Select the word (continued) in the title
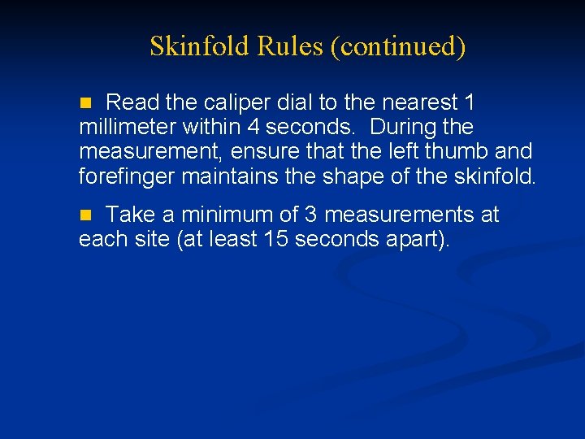click(x=398, y=47)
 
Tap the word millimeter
click(x=128, y=128)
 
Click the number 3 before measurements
click(x=310, y=215)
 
